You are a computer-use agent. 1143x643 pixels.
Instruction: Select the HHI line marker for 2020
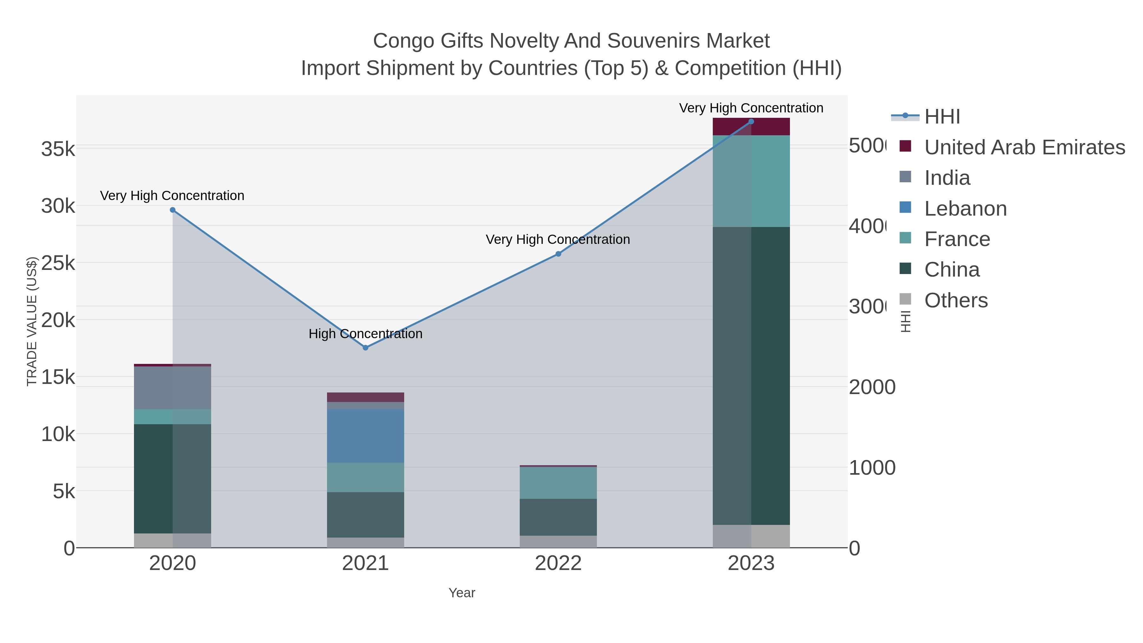[173, 210]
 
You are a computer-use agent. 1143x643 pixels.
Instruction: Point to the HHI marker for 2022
[558, 254]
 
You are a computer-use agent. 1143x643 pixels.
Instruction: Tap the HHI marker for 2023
[751, 121]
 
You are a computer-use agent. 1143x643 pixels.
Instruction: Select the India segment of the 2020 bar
[173, 387]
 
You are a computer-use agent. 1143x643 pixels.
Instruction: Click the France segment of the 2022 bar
[558, 482]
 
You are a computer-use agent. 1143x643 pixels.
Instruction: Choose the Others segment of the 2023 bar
[751, 536]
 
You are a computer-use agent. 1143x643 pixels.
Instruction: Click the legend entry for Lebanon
[965, 209]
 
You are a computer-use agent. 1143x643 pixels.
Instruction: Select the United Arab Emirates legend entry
[1024, 147]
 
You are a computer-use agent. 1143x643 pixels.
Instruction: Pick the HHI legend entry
[942, 117]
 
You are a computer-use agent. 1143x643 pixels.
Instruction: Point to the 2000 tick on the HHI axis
[872, 387]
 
